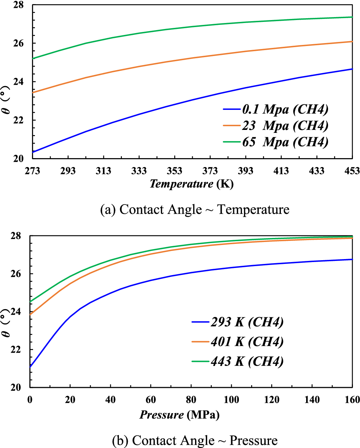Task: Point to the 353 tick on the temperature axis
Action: point(175,171)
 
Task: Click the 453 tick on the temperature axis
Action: point(352,171)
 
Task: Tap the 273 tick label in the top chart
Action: point(33,171)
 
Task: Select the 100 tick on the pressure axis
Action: point(231,400)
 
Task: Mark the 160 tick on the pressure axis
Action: point(352,400)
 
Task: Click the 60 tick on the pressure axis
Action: point(150,400)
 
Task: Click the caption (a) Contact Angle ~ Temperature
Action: point(195,210)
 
